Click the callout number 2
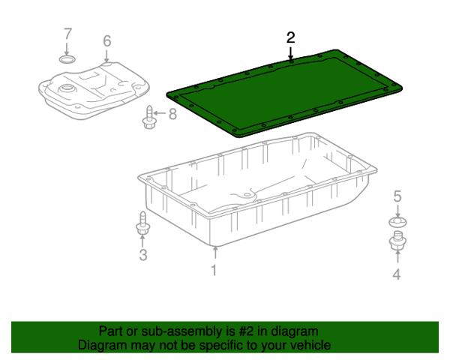click(x=291, y=38)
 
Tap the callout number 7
click(x=67, y=34)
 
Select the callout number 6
click(x=106, y=41)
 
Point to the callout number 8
click(x=172, y=114)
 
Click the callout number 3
click(x=143, y=255)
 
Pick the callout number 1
click(x=214, y=270)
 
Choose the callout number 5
click(x=397, y=196)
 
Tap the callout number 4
click(x=397, y=274)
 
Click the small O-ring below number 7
click(x=67, y=60)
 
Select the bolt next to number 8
click(x=149, y=118)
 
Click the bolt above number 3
click(x=142, y=223)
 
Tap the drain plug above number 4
click(x=397, y=241)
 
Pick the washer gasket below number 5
click(x=397, y=221)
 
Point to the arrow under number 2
click(x=291, y=53)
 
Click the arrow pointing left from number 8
click(x=160, y=113)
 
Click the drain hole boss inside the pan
click(x=246, y=195)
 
